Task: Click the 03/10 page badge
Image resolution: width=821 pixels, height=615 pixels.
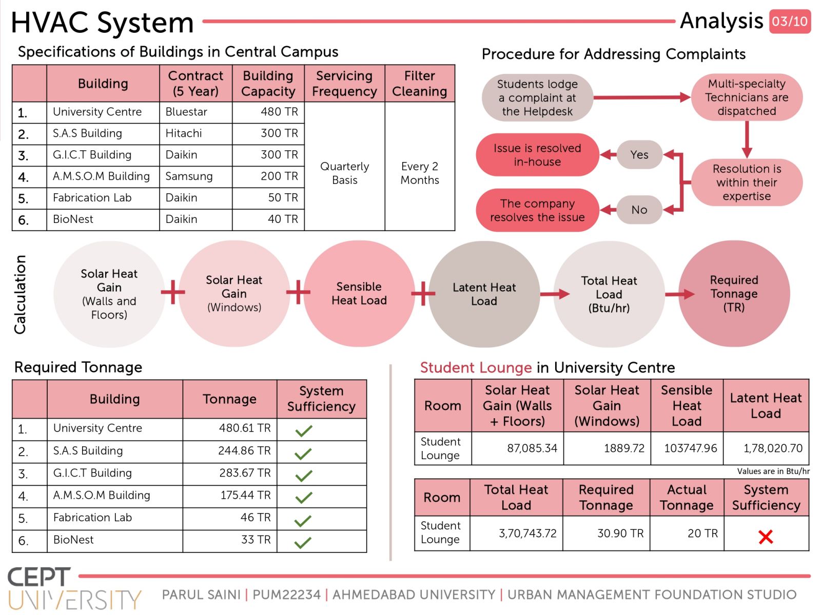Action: click(x=790, y=22)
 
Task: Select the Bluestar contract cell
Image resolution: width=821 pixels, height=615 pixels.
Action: click(x=196, y=112)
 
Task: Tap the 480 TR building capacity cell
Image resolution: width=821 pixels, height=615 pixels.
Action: click(x=268, y=112)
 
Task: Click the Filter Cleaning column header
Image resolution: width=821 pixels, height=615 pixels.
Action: click(x=420, y=83)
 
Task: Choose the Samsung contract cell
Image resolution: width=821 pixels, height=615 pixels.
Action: click(x=196, y=177)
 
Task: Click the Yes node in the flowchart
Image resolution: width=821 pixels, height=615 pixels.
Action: click(x=639, y=155)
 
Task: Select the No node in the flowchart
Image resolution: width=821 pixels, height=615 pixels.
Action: click(x=639, y=210)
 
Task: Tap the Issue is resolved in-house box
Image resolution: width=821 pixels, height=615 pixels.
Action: click(x=537, y=155)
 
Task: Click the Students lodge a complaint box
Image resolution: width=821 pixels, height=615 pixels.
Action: click(x=537, y=98)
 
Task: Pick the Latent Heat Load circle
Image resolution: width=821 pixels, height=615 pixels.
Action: click(x=484, y=294)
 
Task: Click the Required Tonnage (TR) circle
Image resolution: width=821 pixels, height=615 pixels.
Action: click(x=734, y=294)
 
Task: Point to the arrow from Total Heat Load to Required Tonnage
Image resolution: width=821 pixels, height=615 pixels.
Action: click(x=679, y=295)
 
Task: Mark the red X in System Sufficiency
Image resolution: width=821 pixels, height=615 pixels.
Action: click(x=766, y=537)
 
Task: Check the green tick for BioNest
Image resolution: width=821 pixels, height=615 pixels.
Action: click(x=303, y=543)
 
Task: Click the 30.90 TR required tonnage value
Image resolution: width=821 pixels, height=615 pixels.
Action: click(x=620, y=534)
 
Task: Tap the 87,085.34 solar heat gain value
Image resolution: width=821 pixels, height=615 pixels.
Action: click(x=532, y=448)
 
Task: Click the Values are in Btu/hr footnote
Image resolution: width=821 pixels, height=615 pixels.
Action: click(x=773, y=471)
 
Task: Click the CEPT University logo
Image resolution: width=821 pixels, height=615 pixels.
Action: click(x=74, y=589)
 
